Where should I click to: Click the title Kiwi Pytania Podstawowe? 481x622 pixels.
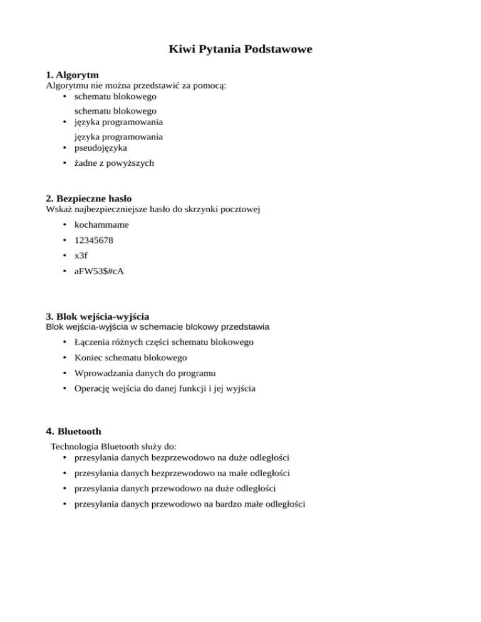[240, 48]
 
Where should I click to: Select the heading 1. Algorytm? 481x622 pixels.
[73, 74]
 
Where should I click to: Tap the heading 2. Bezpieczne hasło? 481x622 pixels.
[89, 198]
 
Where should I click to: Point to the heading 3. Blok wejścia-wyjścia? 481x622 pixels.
[98, 315]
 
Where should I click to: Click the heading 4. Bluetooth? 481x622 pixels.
[74, 431]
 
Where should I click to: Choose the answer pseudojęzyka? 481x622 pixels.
[100, 148]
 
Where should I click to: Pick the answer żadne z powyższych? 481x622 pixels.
[113, 163]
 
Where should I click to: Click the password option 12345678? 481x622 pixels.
[94, 240]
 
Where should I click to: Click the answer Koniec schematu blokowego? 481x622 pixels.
[130, 358]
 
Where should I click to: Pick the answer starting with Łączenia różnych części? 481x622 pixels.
[164, 342]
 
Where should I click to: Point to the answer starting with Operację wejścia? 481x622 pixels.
[165, 389]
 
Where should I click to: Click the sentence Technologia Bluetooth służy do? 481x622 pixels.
[113, 447]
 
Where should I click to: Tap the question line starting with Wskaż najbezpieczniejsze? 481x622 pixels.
[153, 209]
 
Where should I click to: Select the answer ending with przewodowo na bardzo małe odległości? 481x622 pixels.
[190, 503]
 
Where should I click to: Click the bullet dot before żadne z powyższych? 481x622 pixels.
[66, 163]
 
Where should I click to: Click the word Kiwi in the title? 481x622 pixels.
[182, 48]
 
